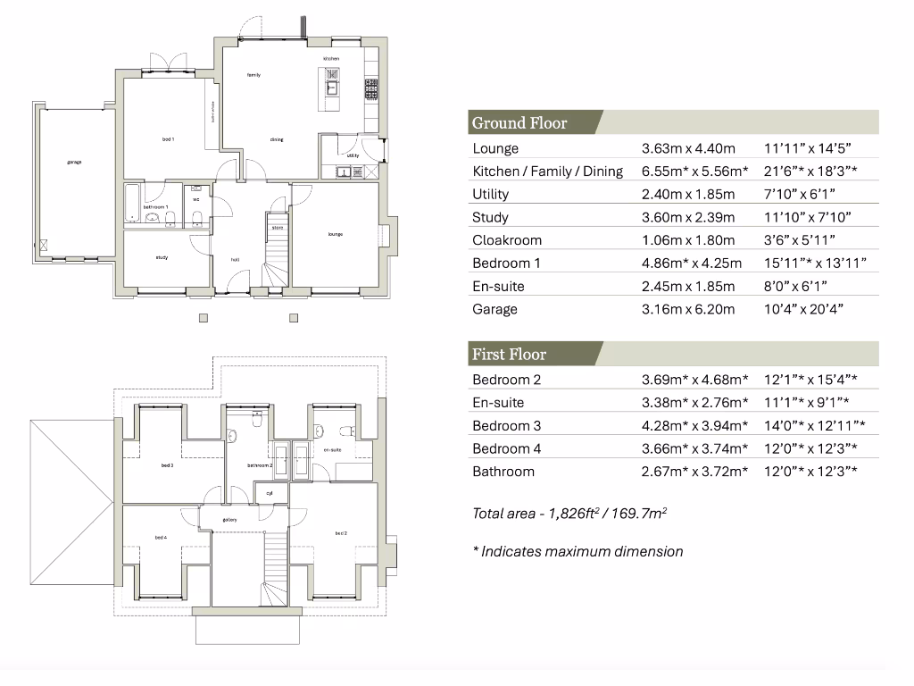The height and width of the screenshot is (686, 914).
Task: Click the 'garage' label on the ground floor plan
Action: tap(73, 163)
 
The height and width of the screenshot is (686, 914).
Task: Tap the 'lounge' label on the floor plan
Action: tap(336, 234)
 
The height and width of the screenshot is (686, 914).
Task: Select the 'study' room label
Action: tap(162, 257)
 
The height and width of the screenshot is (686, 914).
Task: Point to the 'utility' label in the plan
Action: tap(353, 155)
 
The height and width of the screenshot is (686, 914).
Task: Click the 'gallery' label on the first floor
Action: tap(229, 520)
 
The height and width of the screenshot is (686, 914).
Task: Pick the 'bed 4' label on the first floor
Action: tap(161, 537)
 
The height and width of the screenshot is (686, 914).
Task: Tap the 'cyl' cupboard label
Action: tap(269, 492)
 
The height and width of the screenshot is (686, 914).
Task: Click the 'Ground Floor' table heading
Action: tap(519, 123)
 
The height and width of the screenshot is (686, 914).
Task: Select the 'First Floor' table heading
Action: tap(509, 355)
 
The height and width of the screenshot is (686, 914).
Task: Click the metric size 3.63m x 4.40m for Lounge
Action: tap(688, 148)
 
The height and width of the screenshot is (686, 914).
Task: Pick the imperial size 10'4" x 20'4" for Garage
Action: tap(803, 309)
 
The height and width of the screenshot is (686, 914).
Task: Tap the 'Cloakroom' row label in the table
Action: tap(507, 240)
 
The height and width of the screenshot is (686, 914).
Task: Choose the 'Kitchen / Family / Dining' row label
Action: tap(547, 171)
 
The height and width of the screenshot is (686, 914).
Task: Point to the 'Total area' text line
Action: tap(570, 514)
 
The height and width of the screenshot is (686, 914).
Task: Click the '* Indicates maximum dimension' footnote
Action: tap(577, 551)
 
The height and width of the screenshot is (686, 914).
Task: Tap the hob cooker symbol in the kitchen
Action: tap(370, 88)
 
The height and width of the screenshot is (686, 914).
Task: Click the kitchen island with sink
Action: tap(330, 88)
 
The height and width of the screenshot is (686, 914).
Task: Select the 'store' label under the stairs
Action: tap(278, 228)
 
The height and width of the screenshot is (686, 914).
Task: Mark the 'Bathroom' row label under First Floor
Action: tap(503, 472)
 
